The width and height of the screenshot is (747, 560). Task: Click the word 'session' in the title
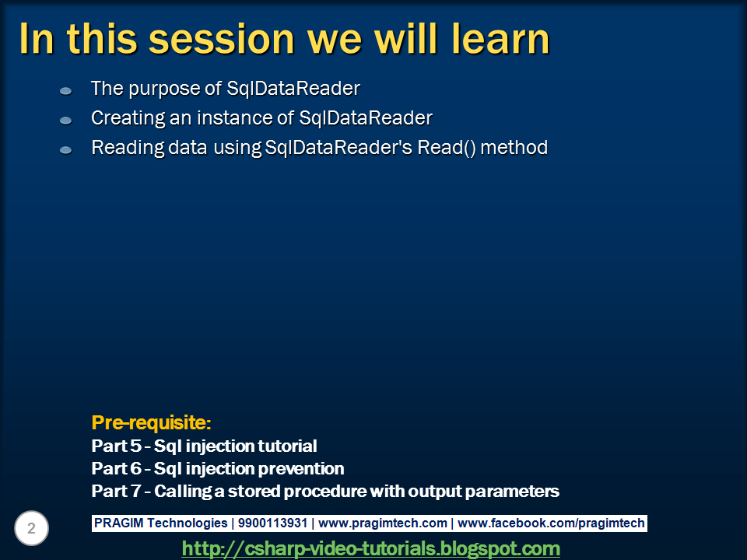coord(222,40)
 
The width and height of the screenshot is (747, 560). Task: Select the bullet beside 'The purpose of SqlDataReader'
coord(65,90)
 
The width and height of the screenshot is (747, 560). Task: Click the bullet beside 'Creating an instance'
coord(65,120)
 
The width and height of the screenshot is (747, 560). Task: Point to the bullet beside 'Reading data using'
coord(65,150)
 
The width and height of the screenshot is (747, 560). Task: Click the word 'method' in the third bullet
coord(514,148)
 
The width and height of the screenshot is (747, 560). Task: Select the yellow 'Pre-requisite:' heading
coord(151,423)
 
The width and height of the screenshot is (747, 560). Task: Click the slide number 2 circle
coord(31,528)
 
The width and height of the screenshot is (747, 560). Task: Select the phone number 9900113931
coord(272,523)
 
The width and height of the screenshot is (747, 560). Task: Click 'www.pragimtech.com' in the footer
coord(383,523)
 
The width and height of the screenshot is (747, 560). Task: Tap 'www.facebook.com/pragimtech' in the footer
coord(551,523)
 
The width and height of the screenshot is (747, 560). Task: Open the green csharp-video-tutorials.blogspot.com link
coord(370,548)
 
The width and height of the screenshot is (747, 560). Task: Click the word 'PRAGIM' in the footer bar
coord(118,523)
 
